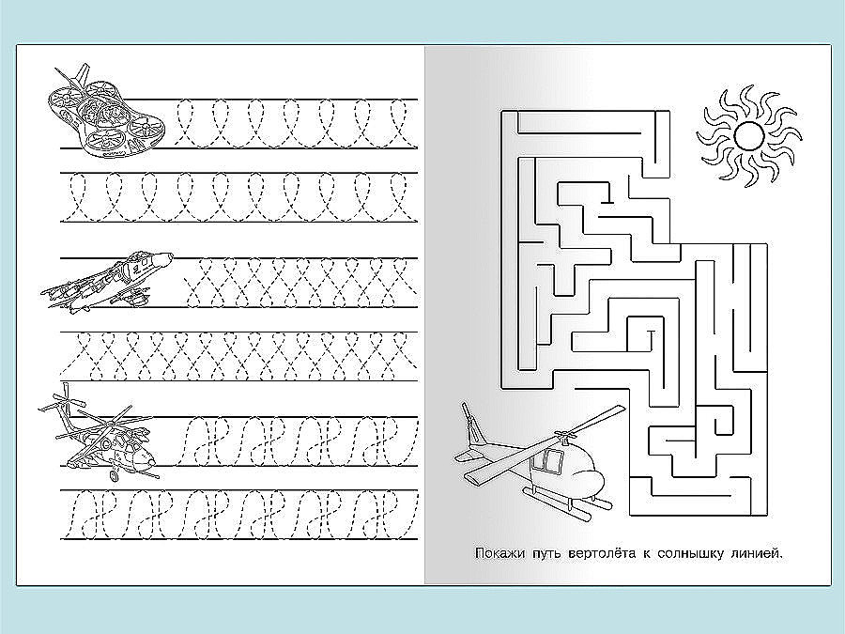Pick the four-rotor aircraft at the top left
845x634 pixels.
[x=105, y=114]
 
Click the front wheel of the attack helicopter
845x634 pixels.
[x=114, y=475]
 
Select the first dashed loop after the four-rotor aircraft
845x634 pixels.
[x=185, y=123]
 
